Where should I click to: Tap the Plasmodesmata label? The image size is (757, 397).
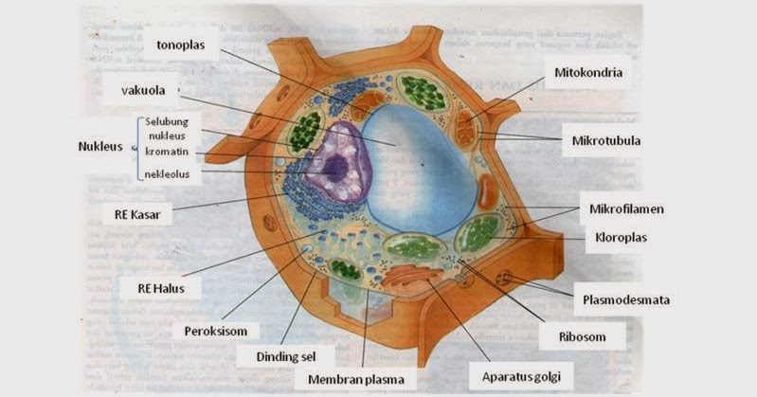point(625,300)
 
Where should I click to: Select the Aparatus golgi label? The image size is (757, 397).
point(521,377)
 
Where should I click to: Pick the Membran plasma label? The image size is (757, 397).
point(355,381)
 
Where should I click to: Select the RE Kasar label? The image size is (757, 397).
point(136,214)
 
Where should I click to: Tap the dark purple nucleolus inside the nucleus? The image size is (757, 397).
point(334,167)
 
